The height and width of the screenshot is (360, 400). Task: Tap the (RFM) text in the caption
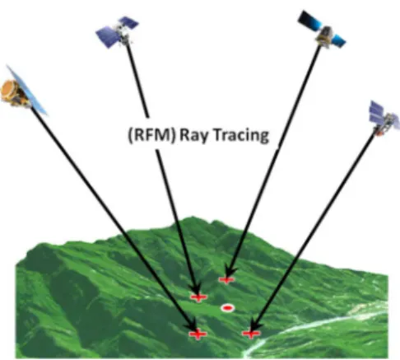pyautogui.click(x=151, y=135)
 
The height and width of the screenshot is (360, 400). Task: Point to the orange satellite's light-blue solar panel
pyautogui.click(x=27, y=90)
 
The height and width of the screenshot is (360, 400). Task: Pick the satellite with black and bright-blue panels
pyautogui.click(x=322, y=30)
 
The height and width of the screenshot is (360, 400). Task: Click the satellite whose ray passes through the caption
pyautogui.click(x=117, y=31)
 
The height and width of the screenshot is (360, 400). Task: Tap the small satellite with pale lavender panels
pyautogui.click(x=384, y=119)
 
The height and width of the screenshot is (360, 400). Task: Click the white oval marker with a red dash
pyautogui.click(x=227, y=308)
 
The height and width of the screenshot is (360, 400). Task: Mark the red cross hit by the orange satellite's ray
pyautogui.click(x=198, y=334)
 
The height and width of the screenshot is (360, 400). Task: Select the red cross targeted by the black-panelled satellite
pyautogui.click(x=226, y=279)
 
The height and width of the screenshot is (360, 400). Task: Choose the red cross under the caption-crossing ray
pyautogui.click(x=198, y=297)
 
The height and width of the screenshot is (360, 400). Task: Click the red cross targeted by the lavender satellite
pyautogui.click(x=251, y=334)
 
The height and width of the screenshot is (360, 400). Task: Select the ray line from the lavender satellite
pyautogui.click(x=313, y=232)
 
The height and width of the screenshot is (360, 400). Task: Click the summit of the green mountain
pyautogui.click(x=193, y=218)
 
